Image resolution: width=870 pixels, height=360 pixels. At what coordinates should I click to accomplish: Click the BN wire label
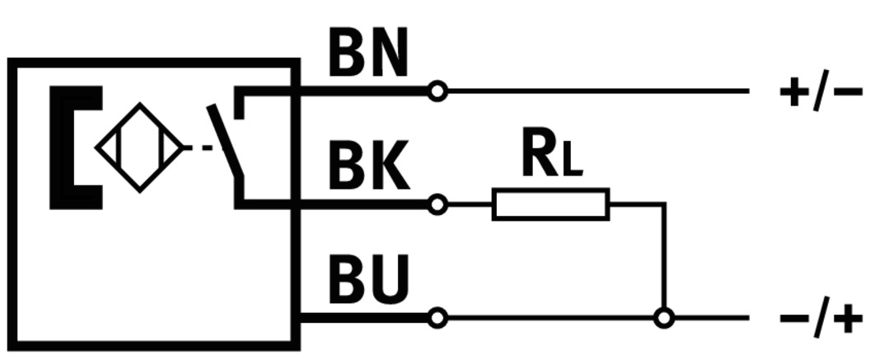(367, 54)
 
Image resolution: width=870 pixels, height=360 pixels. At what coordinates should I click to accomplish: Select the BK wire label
(368, 167)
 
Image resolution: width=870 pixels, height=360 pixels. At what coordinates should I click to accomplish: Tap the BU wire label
(368, 280)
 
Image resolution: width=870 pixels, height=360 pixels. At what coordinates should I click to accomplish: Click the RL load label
(551, 154)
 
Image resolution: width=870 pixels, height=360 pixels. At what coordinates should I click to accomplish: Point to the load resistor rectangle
(551, 204)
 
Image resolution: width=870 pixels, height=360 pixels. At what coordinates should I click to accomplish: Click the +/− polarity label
(821, 90)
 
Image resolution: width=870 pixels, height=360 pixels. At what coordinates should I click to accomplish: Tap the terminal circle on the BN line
(438, 91)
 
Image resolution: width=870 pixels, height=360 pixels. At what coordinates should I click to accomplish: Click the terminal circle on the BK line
(438, 203)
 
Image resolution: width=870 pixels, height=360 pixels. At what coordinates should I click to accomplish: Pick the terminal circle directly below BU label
(438, 317)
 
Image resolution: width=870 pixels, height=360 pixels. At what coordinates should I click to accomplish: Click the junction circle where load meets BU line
(662, 317)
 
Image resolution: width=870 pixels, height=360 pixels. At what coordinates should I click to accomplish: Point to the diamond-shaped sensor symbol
(139, 149)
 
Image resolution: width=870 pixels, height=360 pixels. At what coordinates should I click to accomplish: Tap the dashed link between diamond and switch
(197, 149)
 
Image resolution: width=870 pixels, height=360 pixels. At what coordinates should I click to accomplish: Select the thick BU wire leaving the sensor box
(362, 317)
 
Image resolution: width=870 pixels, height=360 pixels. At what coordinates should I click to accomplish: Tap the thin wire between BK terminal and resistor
(470, 203)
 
